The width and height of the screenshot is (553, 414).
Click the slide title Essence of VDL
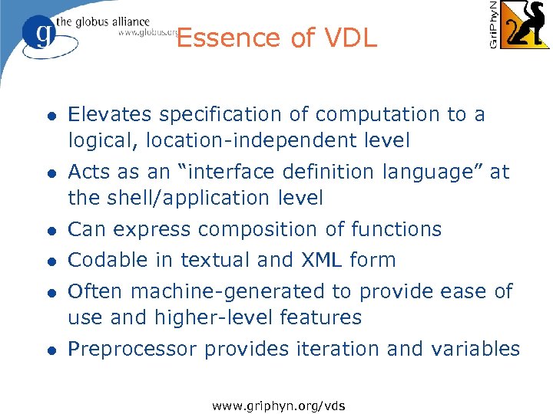tap(276, 38)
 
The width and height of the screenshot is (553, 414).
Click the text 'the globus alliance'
tap(102, 21)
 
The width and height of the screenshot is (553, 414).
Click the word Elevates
tap(108, 114)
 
